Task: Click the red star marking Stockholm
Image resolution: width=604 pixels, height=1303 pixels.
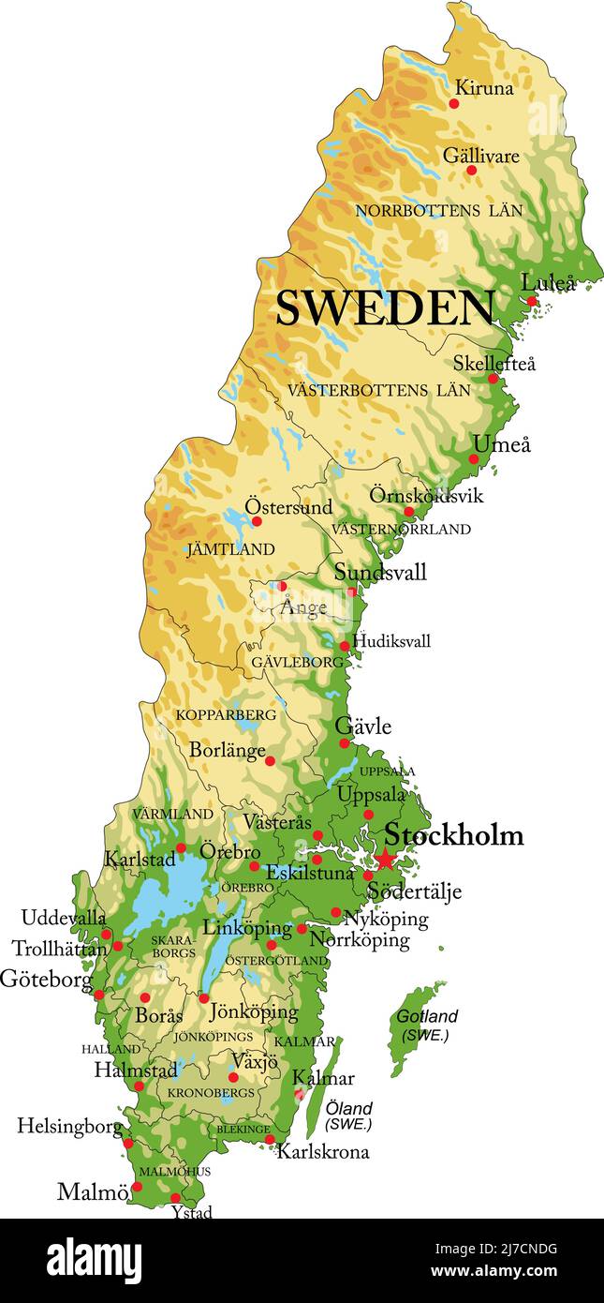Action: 386,860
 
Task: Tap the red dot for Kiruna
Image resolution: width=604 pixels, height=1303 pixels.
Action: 454,103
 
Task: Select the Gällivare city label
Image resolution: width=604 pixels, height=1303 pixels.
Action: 480,155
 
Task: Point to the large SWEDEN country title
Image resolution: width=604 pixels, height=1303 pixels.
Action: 385,307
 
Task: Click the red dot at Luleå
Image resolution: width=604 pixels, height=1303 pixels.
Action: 531,302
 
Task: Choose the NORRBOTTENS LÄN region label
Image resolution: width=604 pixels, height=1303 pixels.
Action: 439,211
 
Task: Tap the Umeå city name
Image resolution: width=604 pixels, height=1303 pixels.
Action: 501,444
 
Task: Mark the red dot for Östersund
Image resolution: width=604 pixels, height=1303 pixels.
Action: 257,521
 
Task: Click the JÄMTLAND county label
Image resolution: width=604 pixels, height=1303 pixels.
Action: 231,549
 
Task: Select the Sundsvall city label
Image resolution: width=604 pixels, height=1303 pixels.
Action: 380,572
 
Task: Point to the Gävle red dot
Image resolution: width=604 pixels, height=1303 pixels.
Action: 345,743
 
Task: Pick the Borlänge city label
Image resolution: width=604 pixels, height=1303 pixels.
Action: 227,750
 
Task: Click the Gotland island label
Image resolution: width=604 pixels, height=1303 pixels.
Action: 427,1016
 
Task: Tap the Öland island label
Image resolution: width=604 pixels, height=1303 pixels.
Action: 349,1108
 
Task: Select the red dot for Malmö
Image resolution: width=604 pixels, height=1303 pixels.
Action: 137,1186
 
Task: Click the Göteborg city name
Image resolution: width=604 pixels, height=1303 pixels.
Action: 47,980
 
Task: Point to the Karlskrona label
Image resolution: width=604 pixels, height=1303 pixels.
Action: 322,1151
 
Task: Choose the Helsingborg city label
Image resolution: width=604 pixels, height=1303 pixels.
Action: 69,1126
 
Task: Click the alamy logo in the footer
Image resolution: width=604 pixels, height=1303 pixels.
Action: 95,1261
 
